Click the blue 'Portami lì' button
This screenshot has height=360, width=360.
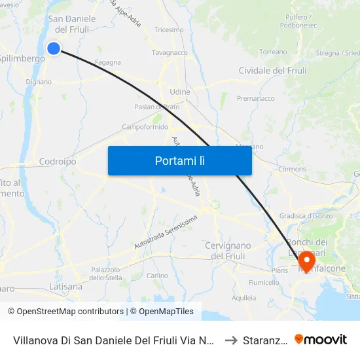click(179, 160)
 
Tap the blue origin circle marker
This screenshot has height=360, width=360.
click(54, 48)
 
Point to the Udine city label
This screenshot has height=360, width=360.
click(179, 92)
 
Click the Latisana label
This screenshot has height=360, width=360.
click(66, 287)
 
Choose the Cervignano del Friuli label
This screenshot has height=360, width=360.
click(228, 251)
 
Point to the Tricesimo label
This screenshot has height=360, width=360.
click(169, 30)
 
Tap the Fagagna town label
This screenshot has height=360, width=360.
click(108, 63)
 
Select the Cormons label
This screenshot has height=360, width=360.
click(292, 169)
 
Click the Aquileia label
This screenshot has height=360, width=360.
click(244, 298)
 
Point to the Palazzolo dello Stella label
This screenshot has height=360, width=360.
click(106, 274)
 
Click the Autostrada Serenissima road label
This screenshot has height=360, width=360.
click(166, 232)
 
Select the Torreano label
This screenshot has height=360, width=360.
click(273, 51)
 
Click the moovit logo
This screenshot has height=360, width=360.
click(321, 340)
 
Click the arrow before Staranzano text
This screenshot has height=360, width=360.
click(230, 340)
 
